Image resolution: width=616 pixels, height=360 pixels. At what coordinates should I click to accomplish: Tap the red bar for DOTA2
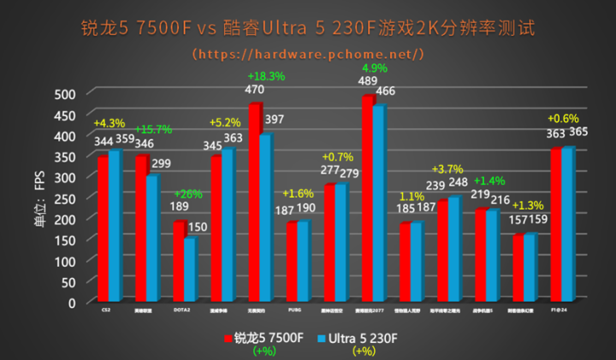click(x=178, y=261)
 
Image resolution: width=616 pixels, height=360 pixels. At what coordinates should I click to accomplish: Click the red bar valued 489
click(x=367, y=198)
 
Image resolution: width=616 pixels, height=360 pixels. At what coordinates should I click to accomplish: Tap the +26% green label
click(x=188, y=194)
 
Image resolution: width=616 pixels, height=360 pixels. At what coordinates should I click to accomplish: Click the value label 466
click(x=385, y=91)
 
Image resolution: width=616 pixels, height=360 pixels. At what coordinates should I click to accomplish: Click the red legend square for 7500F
click(x=228, y=339)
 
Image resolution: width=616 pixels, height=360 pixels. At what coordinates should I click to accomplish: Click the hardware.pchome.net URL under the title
click(x=308, y=54)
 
